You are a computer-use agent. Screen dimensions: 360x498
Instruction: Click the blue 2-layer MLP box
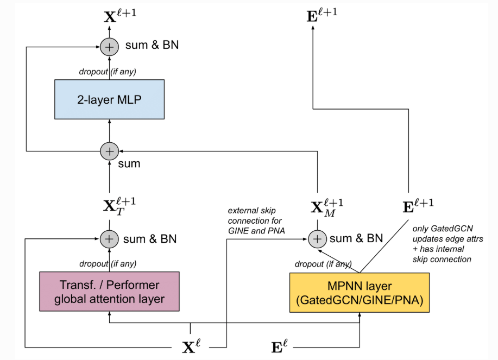109,99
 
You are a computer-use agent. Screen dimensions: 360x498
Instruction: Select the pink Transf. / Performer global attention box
109,291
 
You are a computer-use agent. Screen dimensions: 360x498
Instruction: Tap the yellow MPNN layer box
360,293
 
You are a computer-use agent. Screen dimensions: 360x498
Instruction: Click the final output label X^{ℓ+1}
120,14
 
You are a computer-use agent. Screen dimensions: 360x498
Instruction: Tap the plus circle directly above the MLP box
109,47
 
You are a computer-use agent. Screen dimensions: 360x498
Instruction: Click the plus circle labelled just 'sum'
109,150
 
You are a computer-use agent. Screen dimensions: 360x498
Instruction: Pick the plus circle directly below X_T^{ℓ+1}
109,238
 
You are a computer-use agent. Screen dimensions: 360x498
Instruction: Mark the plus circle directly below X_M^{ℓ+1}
317,238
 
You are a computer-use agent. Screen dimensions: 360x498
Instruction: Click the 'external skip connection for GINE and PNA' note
255,221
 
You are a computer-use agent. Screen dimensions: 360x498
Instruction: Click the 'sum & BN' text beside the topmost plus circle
152,45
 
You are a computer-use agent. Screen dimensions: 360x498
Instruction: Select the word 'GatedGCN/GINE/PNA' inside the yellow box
360,300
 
